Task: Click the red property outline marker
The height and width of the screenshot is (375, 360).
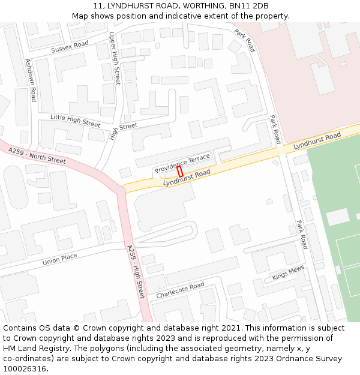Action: tap(180, 171)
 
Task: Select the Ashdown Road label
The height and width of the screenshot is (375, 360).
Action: tap(30, 80)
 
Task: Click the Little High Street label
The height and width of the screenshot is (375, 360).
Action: tap(75, 121)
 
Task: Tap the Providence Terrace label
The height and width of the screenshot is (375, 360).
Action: tap(182, 163)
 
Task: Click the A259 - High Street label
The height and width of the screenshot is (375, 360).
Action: tap(136, 271)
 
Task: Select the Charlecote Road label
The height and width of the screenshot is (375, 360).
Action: tap(180, 291)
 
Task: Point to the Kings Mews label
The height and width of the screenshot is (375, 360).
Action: tap(288, 272)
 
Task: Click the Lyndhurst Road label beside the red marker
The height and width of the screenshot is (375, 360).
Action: tap(187, 177)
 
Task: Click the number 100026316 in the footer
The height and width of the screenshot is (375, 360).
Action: tap(25, 369)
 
